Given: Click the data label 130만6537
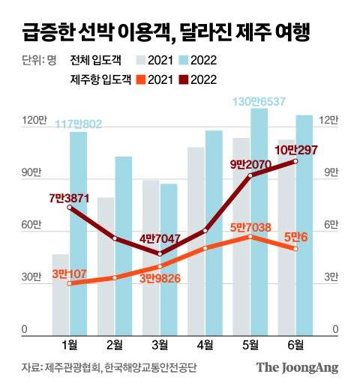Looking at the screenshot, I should (x=258, y=102).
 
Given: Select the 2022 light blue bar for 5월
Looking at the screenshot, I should (x=259, y=225).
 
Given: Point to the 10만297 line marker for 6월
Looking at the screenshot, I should (x=295, y=161).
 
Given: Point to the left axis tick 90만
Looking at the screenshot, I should (x=29, y=173).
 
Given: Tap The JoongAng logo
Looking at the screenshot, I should (x=298, y=367).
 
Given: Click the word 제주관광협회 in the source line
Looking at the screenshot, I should (x=72, y=367).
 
